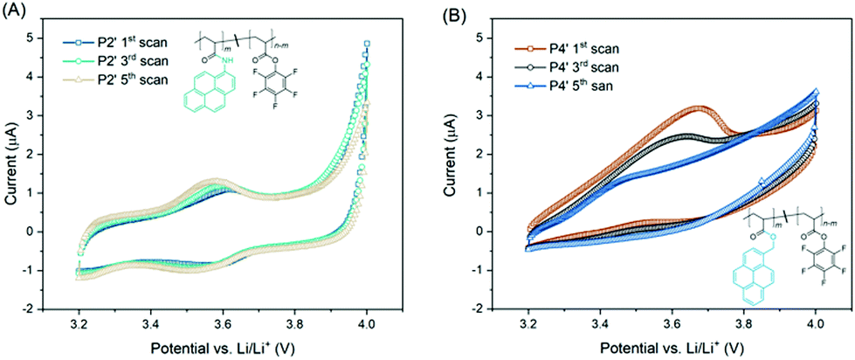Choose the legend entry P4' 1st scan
tap(568, 49)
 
